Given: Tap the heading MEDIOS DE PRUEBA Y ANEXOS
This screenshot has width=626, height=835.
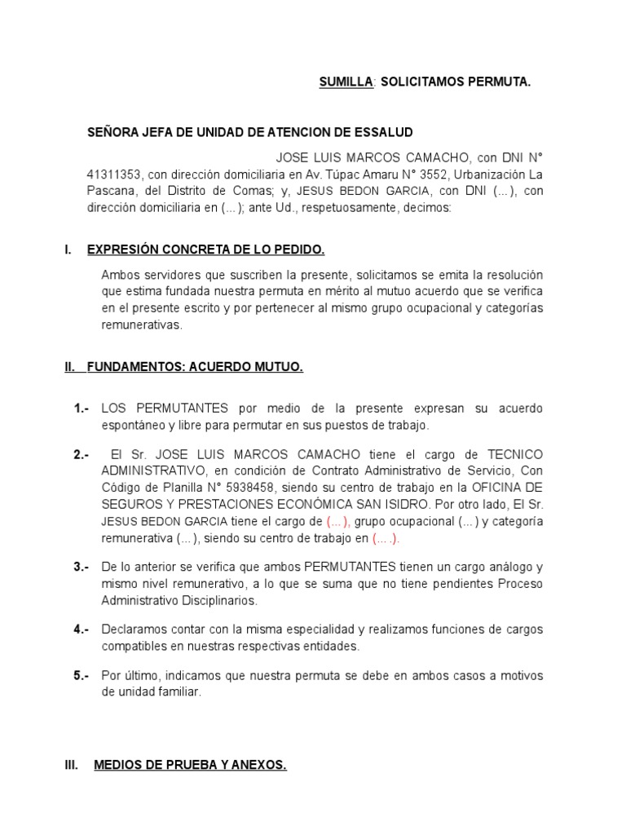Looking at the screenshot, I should click(190, 766).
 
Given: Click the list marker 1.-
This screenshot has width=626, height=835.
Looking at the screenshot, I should click(82, 409).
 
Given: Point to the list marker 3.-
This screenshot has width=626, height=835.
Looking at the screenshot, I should click(82, 567).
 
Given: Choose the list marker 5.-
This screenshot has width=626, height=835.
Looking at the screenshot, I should click(82, 676).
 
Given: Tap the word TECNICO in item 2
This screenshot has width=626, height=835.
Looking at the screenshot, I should click(514, 454).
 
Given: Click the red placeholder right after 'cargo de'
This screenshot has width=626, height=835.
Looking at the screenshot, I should click(338, 521).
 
